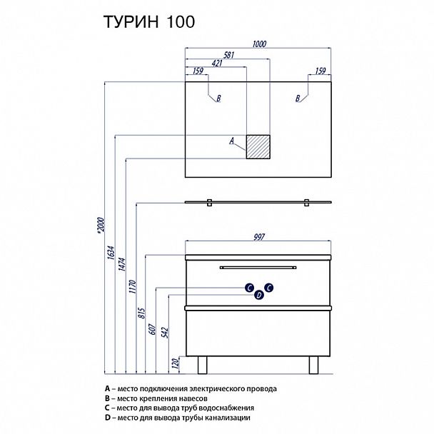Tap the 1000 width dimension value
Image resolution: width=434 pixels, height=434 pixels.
259,44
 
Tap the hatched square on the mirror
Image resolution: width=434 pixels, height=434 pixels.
258,146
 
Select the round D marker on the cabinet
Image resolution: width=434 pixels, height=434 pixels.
259,294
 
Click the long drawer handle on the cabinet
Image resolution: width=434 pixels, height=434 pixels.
259,268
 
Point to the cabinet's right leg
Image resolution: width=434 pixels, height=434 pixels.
313,363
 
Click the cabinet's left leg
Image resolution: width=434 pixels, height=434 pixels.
203,363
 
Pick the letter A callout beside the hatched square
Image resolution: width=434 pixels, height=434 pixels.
232,141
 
